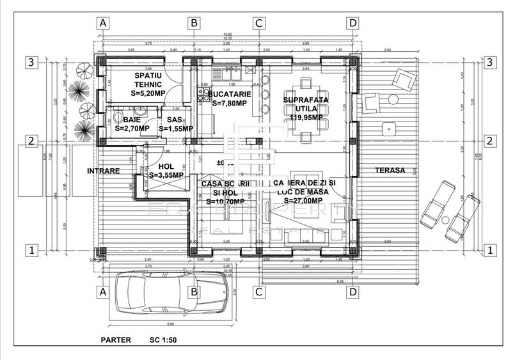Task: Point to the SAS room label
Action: point(174,120)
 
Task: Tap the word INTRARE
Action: point(104,171)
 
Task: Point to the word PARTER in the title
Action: point(116,340)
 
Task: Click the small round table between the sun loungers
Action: point(444,220)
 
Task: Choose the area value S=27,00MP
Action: point(305,200)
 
